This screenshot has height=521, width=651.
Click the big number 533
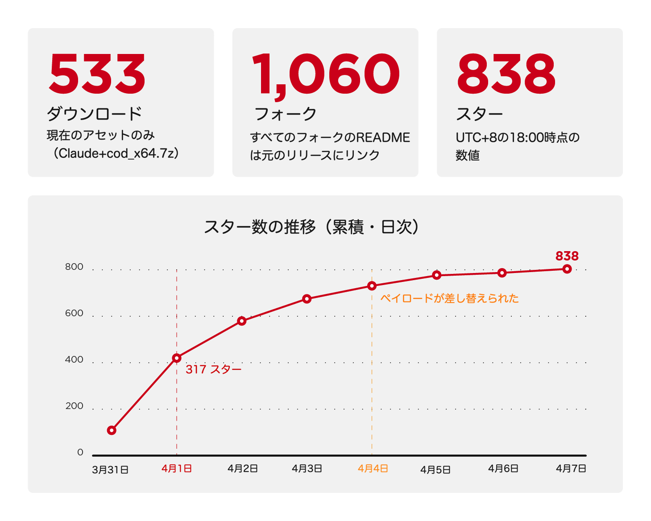pyautogui.click(x=97, y=74)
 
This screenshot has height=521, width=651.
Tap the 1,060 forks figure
pyautogui.click(x=326, y=74)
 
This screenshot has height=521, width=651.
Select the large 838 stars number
pyautogui.click(x=506, y=74)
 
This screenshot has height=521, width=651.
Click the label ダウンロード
pyautogui.click(x=95, y=114)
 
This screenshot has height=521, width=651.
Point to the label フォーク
pyautogui.click(x=286, y=114)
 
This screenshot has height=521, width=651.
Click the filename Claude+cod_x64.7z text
pyautogui.click(x=116, y=153)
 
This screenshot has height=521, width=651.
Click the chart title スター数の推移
pyautogui.click(x=260, y=227)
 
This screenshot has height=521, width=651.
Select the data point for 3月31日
pyautogui.click(x=112, y=430)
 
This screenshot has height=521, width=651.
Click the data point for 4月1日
pyautogui.click(x=177, y=358)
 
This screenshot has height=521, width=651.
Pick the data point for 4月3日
pyautogui.click(x=307, y=299)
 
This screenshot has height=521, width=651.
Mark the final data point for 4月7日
pyautogui.click(x=567, y=269)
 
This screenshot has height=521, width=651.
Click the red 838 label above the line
pyautogui.click(x=567, y=256)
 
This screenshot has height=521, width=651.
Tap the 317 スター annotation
pyautogui.click(x=213, y=369)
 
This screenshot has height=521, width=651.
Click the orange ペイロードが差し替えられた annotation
pyautogui.click(x=449, y=298)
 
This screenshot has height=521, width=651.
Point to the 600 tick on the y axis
pyautogui.click(x=74, y=313)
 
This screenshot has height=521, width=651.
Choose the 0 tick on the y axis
pyautogui.click(x=80, y=452)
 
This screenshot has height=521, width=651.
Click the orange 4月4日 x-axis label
pyautogui.click(x=373, y=469)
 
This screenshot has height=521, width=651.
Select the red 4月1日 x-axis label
pyautogui.click(x=177, y=469)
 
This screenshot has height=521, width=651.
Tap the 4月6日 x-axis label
pyautogui.click(x=503, y=469)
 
